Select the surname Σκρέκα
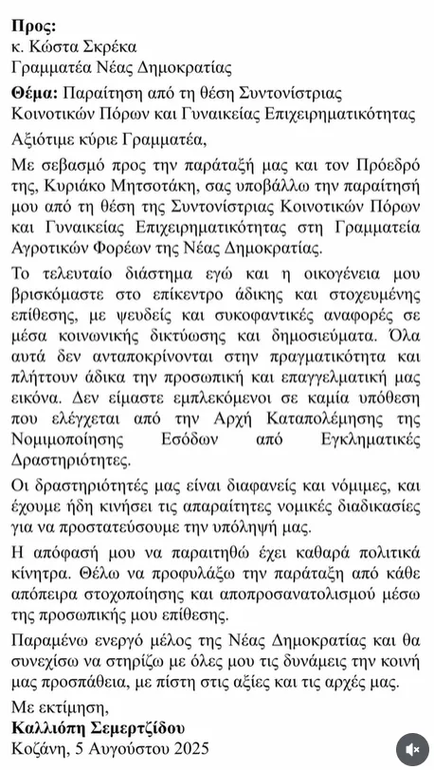(110, 46)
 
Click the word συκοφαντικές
(245, 315)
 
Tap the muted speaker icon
(411, 748)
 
